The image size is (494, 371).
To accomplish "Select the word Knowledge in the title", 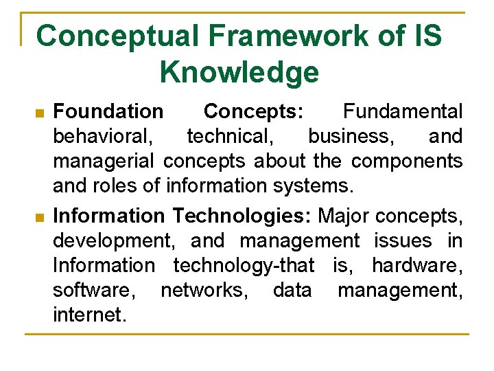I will click(x=239, y=71).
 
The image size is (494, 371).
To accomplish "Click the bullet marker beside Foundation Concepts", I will click(x=40, y=112).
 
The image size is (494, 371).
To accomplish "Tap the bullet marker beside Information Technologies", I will click(x=40, y=218).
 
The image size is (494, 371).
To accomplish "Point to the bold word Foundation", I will click(x=108, y=111).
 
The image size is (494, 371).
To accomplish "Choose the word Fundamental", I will click(x=403, y=111).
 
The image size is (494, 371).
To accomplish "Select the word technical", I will click(x=230, y=136).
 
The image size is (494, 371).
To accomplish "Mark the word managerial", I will click(x=105, y=161).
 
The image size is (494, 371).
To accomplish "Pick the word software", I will click(x=93, y=290).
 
